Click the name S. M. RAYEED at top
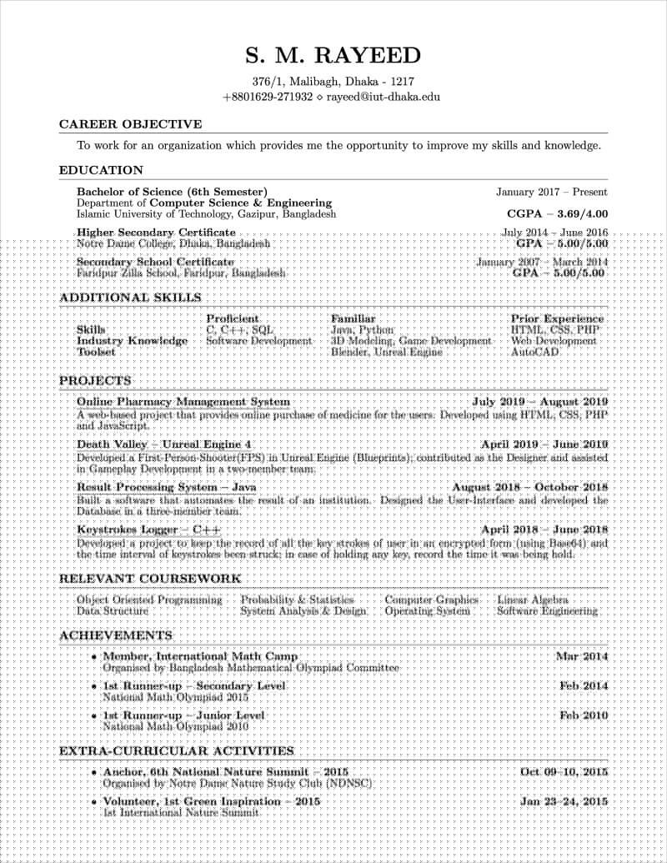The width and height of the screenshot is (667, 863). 333,57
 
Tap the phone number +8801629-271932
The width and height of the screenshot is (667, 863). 268,97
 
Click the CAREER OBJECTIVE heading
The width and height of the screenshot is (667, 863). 130,124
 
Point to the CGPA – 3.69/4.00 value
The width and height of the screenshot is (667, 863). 558,213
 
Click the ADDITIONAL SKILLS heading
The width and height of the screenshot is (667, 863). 130,297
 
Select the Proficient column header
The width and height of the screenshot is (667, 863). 233,319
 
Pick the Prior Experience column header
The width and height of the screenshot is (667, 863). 557,319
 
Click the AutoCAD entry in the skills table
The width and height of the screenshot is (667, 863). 535,352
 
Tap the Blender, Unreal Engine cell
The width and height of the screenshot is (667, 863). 387,352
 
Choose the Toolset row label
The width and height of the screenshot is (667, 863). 96,352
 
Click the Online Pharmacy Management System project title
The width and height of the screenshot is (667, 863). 183,402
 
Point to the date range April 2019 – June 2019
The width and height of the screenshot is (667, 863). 544,444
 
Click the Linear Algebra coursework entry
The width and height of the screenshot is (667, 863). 533,600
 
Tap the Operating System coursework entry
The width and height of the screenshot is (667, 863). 427,610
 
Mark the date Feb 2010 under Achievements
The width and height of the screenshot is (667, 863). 584,715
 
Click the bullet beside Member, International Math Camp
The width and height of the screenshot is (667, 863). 95,657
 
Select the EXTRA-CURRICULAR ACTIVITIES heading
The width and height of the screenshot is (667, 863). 176,751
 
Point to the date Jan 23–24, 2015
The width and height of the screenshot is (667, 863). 564,801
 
